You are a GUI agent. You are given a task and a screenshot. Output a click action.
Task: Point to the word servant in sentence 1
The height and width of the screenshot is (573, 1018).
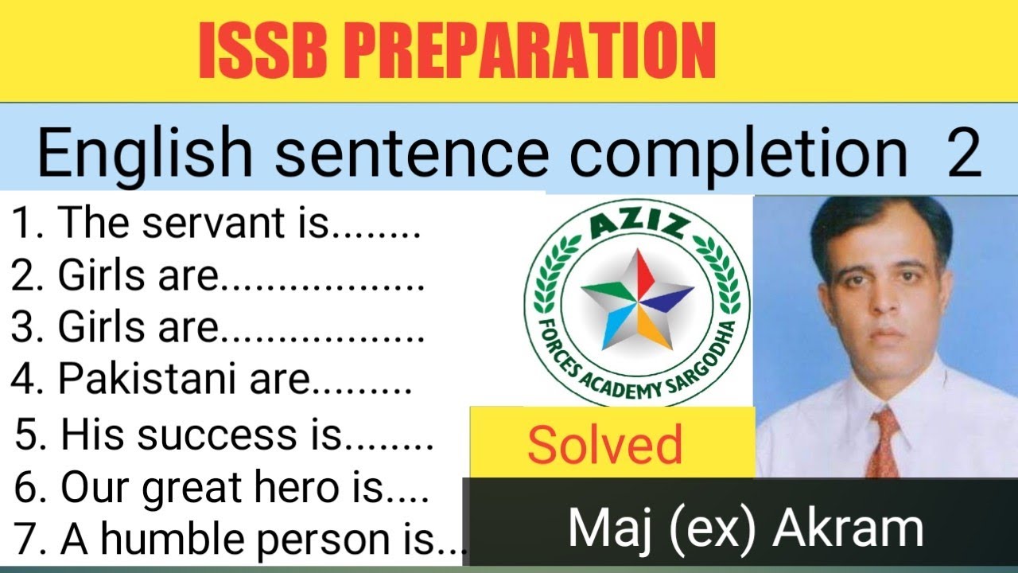(234, 224)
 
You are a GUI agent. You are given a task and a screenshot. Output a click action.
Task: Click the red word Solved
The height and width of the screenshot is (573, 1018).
(604, 445)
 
